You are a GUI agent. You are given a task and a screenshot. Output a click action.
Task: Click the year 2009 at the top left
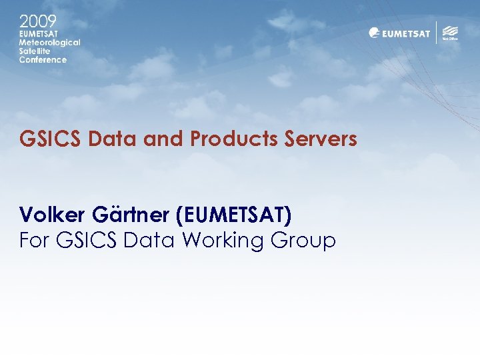37,20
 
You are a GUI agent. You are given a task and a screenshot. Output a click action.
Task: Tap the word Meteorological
49,42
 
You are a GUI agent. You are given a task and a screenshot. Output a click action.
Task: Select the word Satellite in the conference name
35,51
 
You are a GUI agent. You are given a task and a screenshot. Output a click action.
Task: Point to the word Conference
43,59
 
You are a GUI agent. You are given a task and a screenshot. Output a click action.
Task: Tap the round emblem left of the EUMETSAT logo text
375,33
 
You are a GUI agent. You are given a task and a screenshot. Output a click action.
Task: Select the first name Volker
51,215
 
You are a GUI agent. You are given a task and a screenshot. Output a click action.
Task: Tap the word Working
223,241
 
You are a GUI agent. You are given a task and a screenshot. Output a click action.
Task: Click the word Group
305,241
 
